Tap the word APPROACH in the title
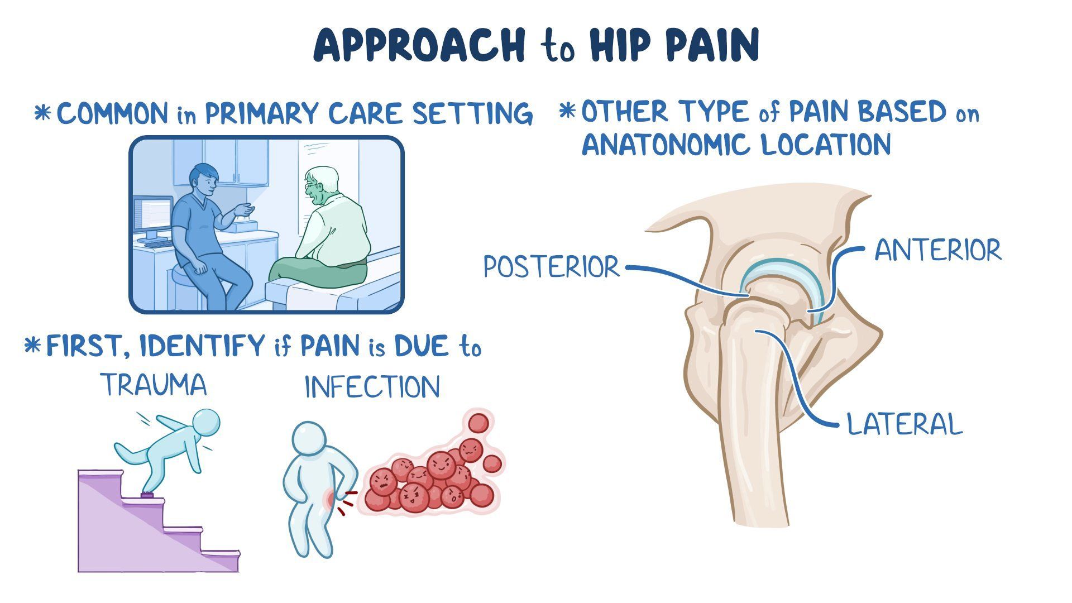[x=419, y=46]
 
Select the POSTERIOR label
[x=551, y=267]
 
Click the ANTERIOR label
[x=938, y=250]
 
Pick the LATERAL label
[x=904, y=424]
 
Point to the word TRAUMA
[x=154, y=385]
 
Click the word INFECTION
[x=372, y=387]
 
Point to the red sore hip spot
[x=332, y=498]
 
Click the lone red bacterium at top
[x=478, y=423]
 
